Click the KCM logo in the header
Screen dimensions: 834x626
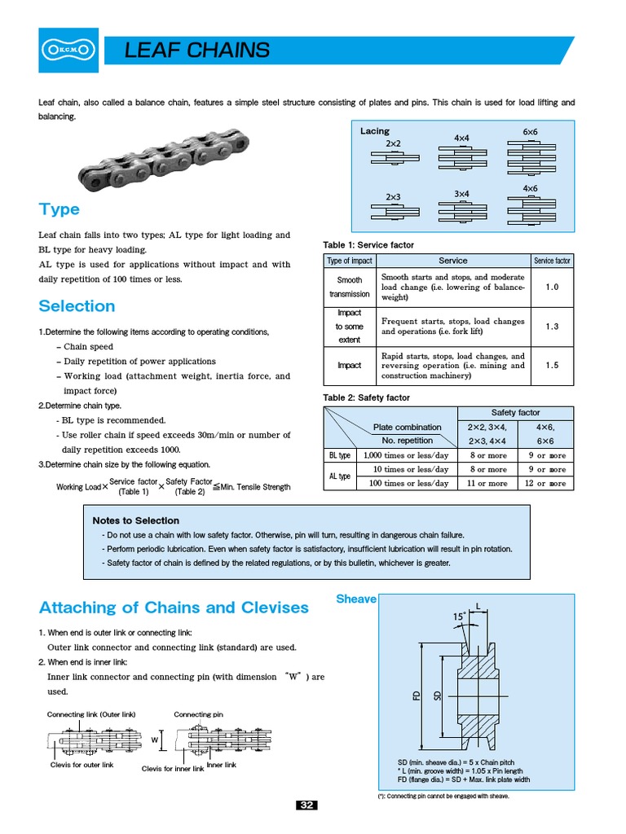click(x=68, y=50)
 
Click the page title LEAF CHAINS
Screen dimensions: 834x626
click(x=196, y=50)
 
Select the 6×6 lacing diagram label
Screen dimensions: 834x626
click(x=530, y=131)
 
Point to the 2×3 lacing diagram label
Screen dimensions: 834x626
click(x=393, y=196)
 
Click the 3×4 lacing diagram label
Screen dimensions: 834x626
click(x=462, y=193)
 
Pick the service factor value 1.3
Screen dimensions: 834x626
click(x=552, y=326)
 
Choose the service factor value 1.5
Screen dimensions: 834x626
click(x=552, y=366)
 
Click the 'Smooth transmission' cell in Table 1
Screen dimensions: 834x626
click(x=350, y=287)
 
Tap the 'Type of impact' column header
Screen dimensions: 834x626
click(x=350, y=261)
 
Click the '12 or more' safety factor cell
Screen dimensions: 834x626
click(x=546, y=483)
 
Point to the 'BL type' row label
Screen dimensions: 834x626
click(x=339, y=455)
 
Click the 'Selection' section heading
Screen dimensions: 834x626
click(x=77, y=306)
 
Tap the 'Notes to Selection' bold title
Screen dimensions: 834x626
click(x=136, y=520)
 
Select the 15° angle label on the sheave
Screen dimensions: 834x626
click(x=459, y=617)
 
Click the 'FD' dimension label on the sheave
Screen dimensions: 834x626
click(x=417, y=696)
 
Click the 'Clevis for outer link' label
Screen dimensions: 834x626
click(x=82, y=765)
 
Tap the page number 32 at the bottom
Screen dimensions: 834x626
click(x=306, y=805)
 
